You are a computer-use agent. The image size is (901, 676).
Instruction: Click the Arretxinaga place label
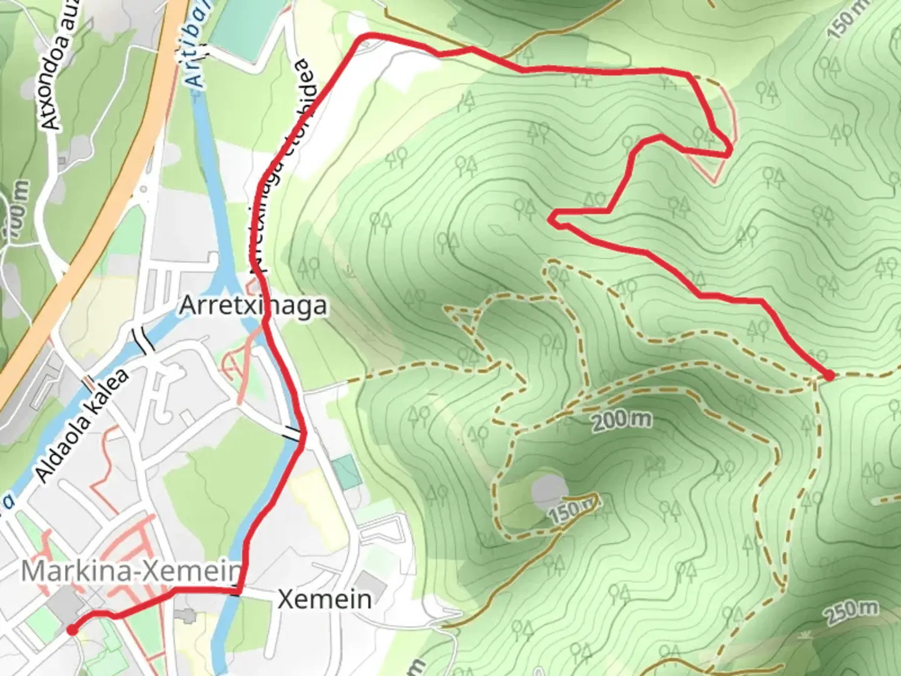[x=253, y=306]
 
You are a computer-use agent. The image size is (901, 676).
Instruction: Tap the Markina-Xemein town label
[x=131, y=571]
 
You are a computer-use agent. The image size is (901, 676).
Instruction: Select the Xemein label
[x=324, y=599]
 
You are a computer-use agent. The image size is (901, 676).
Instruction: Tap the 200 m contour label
[x=621, y=420]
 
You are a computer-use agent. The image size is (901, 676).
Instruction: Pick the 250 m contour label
[x=851, y=612]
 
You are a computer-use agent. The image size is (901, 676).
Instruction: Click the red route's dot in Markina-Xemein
[x=73, y=630]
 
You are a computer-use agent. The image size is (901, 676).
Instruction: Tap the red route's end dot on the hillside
[x=829, y=376]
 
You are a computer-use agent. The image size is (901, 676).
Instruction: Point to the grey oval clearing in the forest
[x=549, y=489]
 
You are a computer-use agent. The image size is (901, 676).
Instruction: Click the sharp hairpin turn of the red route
[x=552, y=218]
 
